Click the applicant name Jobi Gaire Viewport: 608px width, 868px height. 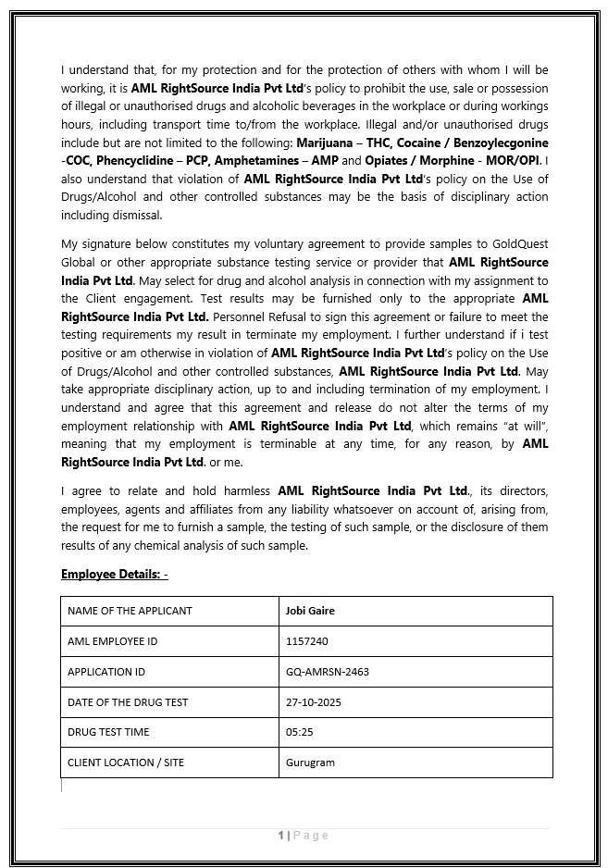click(x=310, y=611)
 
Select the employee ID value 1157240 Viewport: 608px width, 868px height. click(x=307, y=641)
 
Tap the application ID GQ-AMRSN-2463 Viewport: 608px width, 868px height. click(x=328, y=672)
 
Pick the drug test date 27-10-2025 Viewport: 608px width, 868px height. click(x=314, y=702)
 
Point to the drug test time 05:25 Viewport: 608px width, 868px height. click(x=299, y=732)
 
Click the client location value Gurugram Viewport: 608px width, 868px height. click(x=310, y=763)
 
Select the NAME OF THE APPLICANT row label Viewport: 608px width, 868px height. click(x=130, y=611)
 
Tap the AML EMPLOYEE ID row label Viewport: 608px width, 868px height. click(x=112, y=641)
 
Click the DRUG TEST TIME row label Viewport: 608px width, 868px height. click(x=108, y=732)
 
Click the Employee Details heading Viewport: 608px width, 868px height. click(x=114, y=575)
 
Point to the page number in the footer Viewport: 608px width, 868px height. click(x=281, y=836)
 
